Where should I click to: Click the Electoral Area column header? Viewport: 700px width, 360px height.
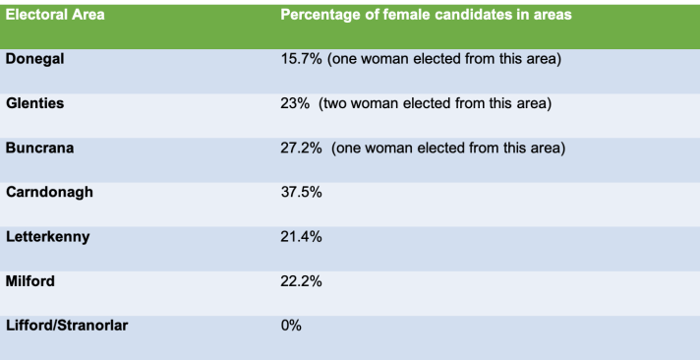click(55, 16)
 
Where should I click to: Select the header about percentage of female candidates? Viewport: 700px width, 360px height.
click(428, 16)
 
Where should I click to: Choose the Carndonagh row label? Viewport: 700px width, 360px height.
click(49, 192)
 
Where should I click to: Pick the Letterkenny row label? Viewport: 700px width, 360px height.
click(48, 236)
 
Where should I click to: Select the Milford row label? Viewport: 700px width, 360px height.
click(30, 280)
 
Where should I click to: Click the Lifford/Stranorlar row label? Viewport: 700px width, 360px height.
click(66, 325)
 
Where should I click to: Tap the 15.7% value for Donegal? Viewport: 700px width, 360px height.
click(301, 60)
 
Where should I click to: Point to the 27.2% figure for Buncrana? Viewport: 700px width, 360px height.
click(301, 149)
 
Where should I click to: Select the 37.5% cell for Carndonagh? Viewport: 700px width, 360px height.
click(301, 193)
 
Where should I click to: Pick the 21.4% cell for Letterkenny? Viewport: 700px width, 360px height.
click(301, 237)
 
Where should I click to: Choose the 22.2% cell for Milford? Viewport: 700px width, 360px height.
click(301, 281)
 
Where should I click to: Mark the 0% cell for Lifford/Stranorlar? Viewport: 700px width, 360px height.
click(291, 326)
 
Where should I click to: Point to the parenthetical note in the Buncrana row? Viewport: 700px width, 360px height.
click(447, 149)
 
